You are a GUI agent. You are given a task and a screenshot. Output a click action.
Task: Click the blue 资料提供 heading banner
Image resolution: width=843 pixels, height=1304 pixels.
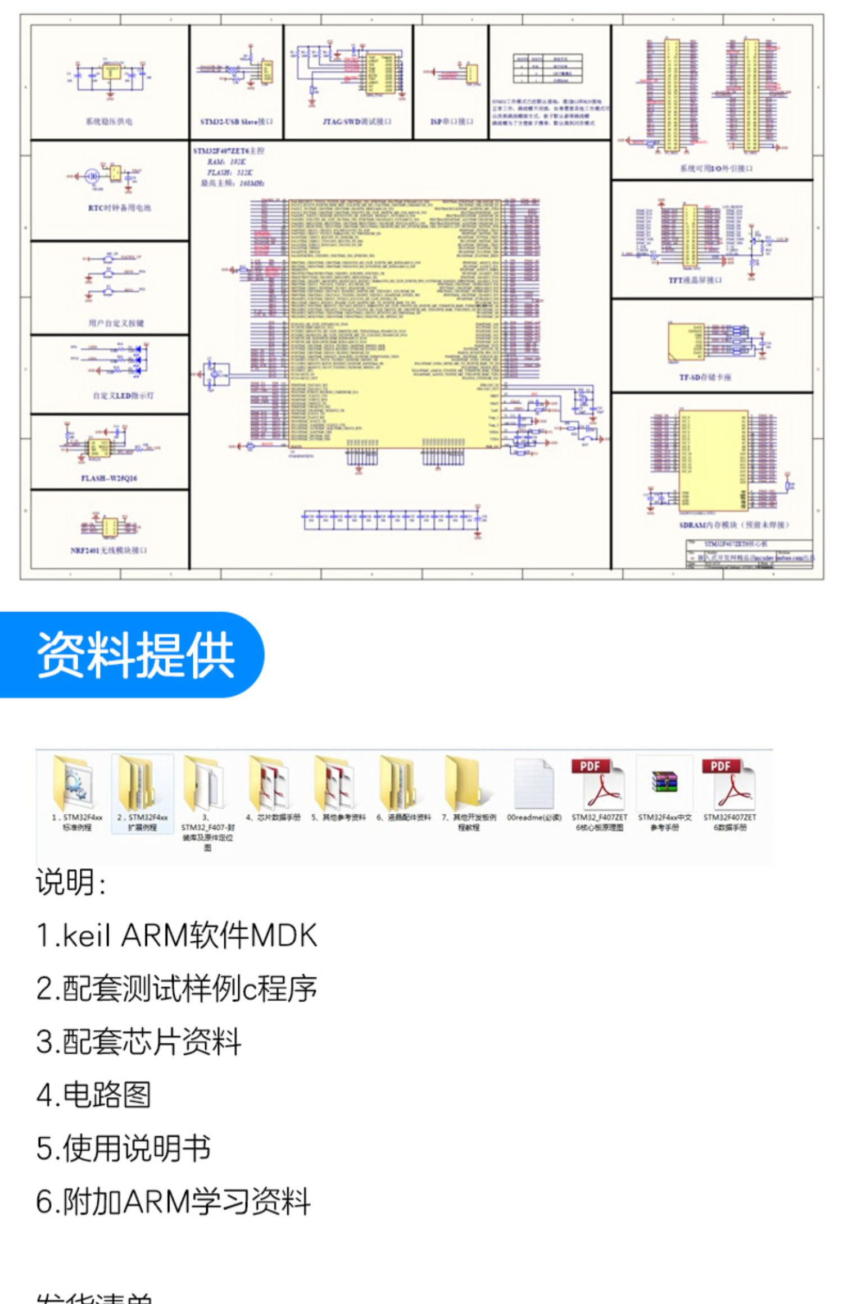point(135,654)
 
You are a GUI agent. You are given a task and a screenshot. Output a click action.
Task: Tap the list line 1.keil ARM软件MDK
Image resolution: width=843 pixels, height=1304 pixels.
point(176,936)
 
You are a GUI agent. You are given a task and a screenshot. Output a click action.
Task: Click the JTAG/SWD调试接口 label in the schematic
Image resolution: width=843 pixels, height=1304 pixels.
point(356,121)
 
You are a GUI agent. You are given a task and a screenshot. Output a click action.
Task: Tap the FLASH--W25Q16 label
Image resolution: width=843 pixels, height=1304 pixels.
point(109,478)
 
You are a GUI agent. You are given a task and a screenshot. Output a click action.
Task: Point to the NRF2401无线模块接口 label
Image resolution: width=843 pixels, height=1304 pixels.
point(108,550)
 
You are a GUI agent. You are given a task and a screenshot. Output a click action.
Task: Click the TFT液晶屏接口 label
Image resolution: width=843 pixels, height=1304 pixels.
point(695,280)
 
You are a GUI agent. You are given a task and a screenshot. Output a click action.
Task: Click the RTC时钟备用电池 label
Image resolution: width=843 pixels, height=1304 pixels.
point(119,208)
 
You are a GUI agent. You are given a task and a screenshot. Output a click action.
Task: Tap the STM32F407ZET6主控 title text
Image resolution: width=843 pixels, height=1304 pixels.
point(229,151)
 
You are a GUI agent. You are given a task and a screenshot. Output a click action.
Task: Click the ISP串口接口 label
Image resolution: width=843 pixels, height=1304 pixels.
point(451,121)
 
